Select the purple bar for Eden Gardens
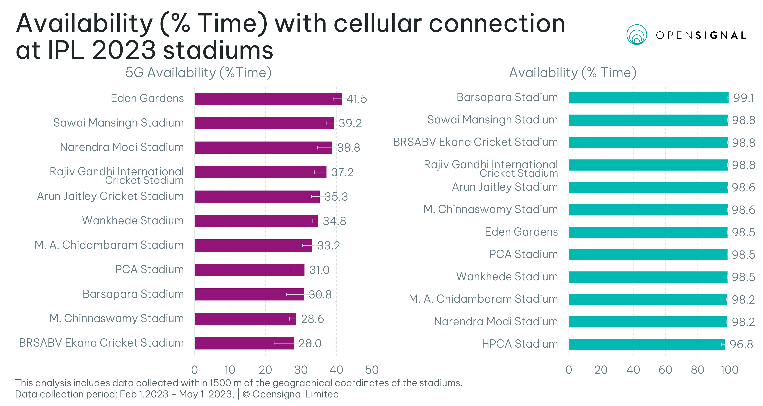[268, 99]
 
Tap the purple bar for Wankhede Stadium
[256, 221]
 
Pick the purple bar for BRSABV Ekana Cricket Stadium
[244, 343]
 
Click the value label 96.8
[741, 345]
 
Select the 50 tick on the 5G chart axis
[372, 370]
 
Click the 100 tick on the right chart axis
[730, 370]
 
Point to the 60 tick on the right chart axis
[665, 370]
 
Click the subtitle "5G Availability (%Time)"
[198, 73]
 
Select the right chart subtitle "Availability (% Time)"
[572, 73]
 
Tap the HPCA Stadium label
[520, 344]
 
